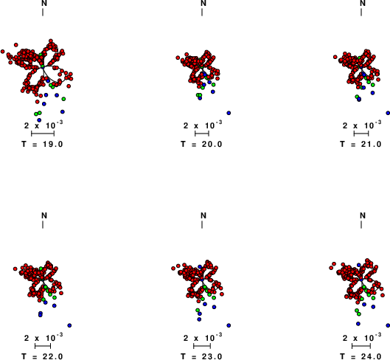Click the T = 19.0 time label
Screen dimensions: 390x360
point(42,144)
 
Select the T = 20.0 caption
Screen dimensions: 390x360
point(201,144)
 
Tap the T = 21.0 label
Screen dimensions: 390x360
point(361,144)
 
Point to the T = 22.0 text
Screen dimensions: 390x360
point(42,356)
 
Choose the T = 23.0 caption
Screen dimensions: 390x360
point(201,356)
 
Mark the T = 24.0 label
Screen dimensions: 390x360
point(361,356)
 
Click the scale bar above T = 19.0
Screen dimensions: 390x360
point(43,134)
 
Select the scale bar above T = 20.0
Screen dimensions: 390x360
point(202,134)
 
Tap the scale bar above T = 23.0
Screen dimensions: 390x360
point(202,346)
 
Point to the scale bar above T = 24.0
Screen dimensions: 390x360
point(361,346)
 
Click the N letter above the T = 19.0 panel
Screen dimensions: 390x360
point(44,3)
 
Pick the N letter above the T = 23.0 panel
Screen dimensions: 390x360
point(203,215)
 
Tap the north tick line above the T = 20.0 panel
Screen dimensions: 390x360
point(202,13)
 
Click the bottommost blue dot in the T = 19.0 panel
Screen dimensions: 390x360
point(39,120)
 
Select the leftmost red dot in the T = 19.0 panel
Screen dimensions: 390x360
point(2,52)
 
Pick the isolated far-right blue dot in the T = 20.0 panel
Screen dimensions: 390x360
point(229,113)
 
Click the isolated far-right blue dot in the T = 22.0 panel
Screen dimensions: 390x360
point(69,325)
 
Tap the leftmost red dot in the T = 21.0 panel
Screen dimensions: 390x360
point(335,57)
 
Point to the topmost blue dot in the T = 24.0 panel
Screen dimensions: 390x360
point(358,265)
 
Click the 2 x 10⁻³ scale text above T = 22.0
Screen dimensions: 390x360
point(43,337)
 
